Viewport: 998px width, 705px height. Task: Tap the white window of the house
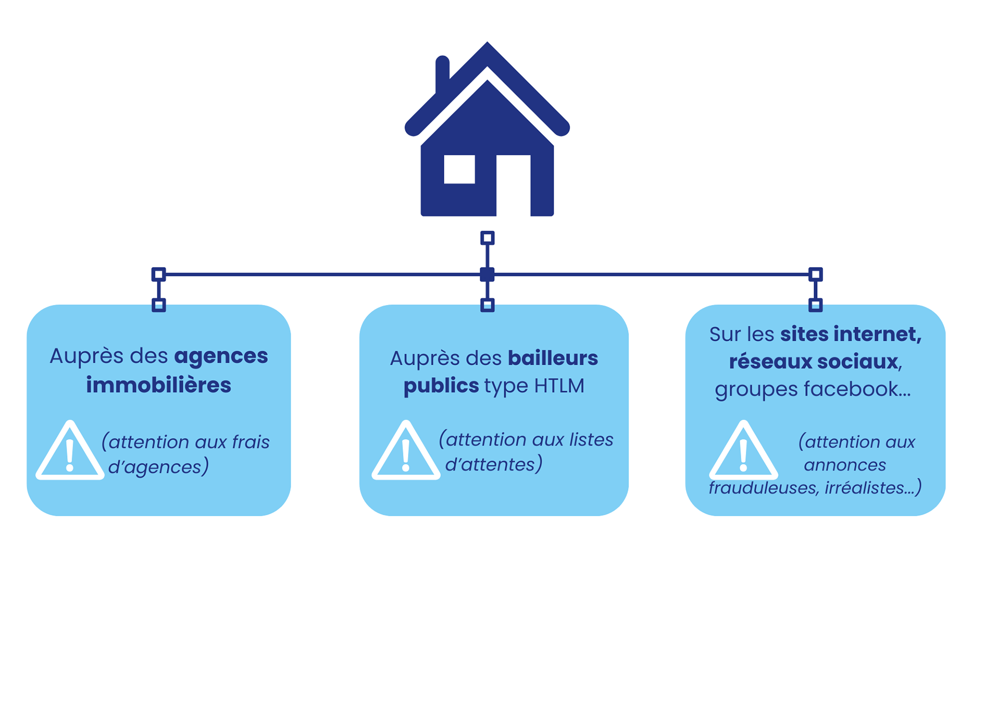pos(459,169)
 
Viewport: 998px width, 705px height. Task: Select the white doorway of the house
pos(513,184)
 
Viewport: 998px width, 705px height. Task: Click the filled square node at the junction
pos(487,274)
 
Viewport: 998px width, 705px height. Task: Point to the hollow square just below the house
pos(487,238)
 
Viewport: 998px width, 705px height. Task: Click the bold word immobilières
pos(159,385)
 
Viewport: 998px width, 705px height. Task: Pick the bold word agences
pos(221,356)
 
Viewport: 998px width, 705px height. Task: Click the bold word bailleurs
pos(553,358)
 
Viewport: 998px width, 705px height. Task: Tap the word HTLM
pos(559,386)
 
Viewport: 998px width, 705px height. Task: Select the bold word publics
pos(441,386)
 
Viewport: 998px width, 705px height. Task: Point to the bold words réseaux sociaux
pos(813,362)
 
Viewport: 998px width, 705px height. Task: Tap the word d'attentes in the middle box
pos(493,464)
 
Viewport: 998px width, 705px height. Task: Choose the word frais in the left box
pos(251,442)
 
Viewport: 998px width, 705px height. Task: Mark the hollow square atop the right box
pos(816,305)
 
